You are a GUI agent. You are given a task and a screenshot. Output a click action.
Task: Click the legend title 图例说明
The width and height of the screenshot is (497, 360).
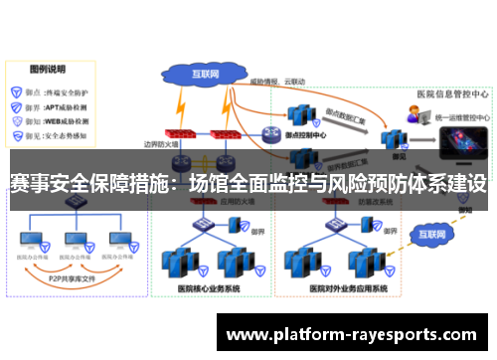(x=47, y=69)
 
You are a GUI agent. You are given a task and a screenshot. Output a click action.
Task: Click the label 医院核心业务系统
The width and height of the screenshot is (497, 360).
(x=210, y=288)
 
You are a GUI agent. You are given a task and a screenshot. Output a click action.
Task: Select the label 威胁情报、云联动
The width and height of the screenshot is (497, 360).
(x=276, y=80)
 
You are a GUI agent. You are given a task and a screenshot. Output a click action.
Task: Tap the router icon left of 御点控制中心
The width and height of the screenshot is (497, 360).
(x=270, y=134)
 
